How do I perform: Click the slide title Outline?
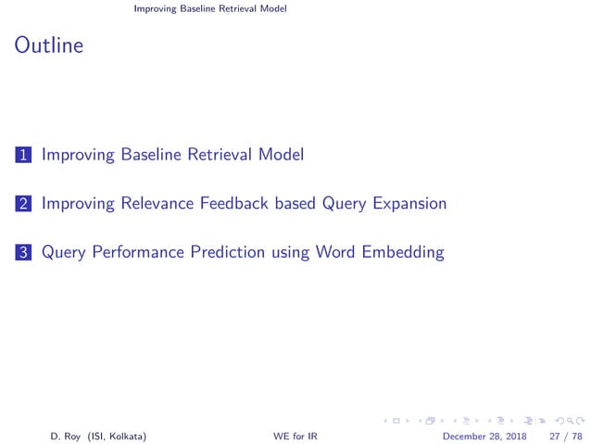[49, 44]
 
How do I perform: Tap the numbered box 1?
[22, 155]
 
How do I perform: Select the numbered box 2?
[22, 203]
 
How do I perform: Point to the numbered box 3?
[22, 252]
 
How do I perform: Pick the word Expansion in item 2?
[401, 204]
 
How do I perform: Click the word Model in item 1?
[280, 155]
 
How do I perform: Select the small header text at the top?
[210, 9]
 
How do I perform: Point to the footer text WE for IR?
[295, 436]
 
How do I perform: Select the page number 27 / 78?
[565, 436]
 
